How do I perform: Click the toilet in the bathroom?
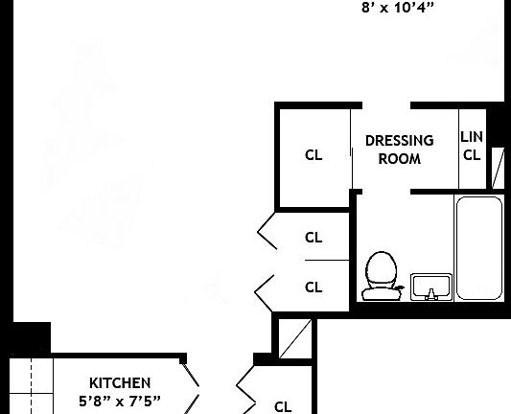point(381,272)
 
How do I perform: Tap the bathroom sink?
point(431,286)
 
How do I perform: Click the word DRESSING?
point(399,141)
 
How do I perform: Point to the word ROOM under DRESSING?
point(399,159)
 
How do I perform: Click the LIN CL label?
point(472,147)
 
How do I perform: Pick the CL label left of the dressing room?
point(314,155)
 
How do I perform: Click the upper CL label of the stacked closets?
point(314,237)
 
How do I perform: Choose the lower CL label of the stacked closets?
point(314,287)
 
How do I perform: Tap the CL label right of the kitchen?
point(283,405)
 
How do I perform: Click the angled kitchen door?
point(191,387)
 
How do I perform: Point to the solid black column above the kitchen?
point(31,338)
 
